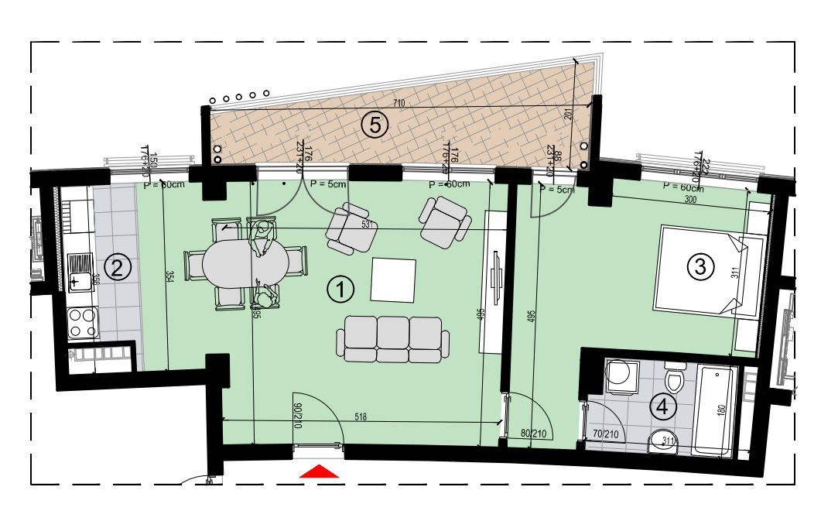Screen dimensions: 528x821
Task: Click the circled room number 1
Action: coord(340,290)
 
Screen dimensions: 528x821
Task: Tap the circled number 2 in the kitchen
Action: coord(117,269)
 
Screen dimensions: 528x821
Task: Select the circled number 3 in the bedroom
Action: coord(700,267)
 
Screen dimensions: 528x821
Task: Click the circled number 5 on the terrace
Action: coord(375,125)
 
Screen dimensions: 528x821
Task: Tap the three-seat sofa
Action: coord(393,339)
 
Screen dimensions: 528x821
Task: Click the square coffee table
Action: coord(393,279)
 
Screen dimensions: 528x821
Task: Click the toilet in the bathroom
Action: coord(674,379)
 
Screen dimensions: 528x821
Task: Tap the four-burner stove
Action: coord(82,324)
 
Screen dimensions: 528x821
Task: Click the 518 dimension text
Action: coord(361,417)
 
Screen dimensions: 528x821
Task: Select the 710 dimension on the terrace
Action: coord(399,103)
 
